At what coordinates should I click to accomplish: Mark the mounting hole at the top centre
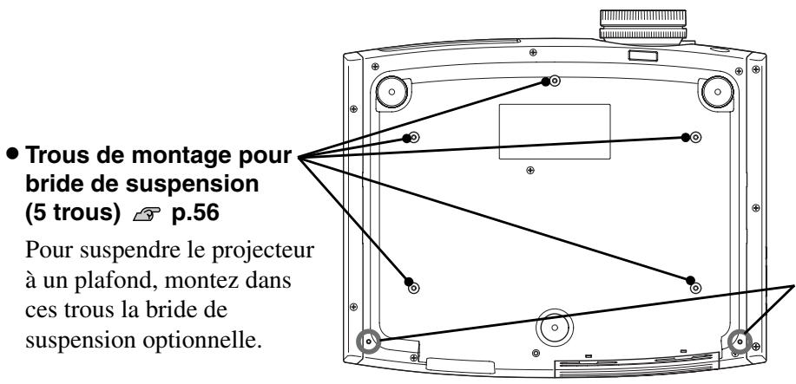[555, 81]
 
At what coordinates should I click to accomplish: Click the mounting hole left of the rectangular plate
[415, 137]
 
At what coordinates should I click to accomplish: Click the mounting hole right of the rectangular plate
[695, 137]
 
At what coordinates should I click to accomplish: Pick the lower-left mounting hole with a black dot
[414, 283]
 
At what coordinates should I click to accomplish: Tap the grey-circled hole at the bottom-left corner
[368, 342]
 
